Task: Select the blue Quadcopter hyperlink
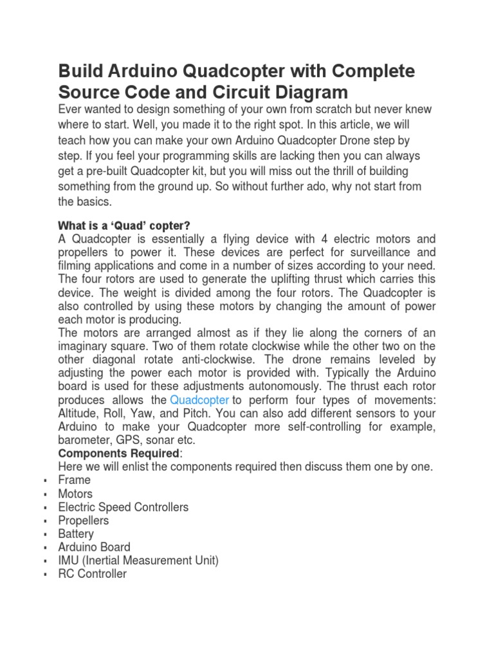pyautogui.click(x=199, y=400)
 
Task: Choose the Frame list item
pyautogui.click(x=75, y=480)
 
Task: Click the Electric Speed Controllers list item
pyautogui.click(x=123, y=507)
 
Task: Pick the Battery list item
pyautogui.click(x=76, y=534)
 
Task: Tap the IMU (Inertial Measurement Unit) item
pyautogui.click(x=138, y=561)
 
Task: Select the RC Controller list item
pyautogui.click(x=93, y=574)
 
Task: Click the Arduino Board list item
pyautogui.click(x=95, y=547)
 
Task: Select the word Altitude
pyautogui.click(x=78, y=414)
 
